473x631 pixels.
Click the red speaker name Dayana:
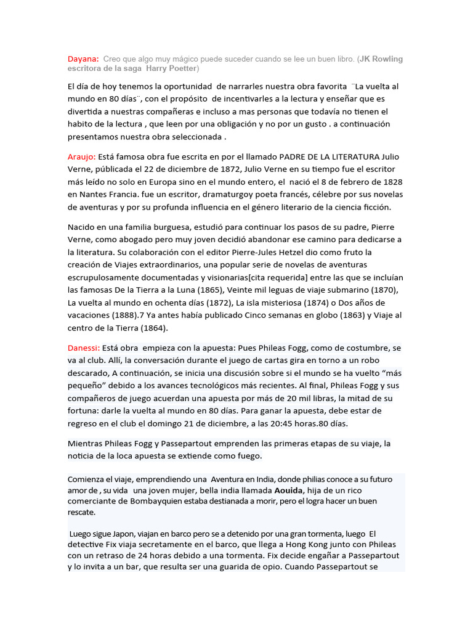83,59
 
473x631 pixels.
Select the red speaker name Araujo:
83,157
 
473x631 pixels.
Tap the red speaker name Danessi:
84,348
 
